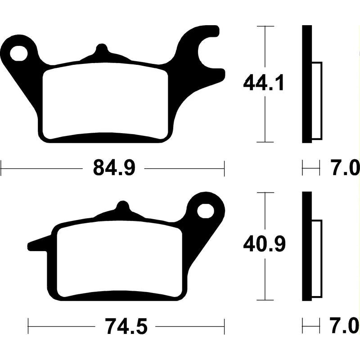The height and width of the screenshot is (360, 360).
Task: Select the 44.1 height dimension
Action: pyautogui.click(x=263, y=82)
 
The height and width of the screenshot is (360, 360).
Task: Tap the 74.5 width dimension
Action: pyautogui.click(x=126, y=326)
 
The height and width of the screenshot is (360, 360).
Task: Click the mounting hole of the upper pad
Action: pyautogui.click(x=18, y=54)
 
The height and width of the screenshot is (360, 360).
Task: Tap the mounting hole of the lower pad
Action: pyautogui.click(x=205, y=211)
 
